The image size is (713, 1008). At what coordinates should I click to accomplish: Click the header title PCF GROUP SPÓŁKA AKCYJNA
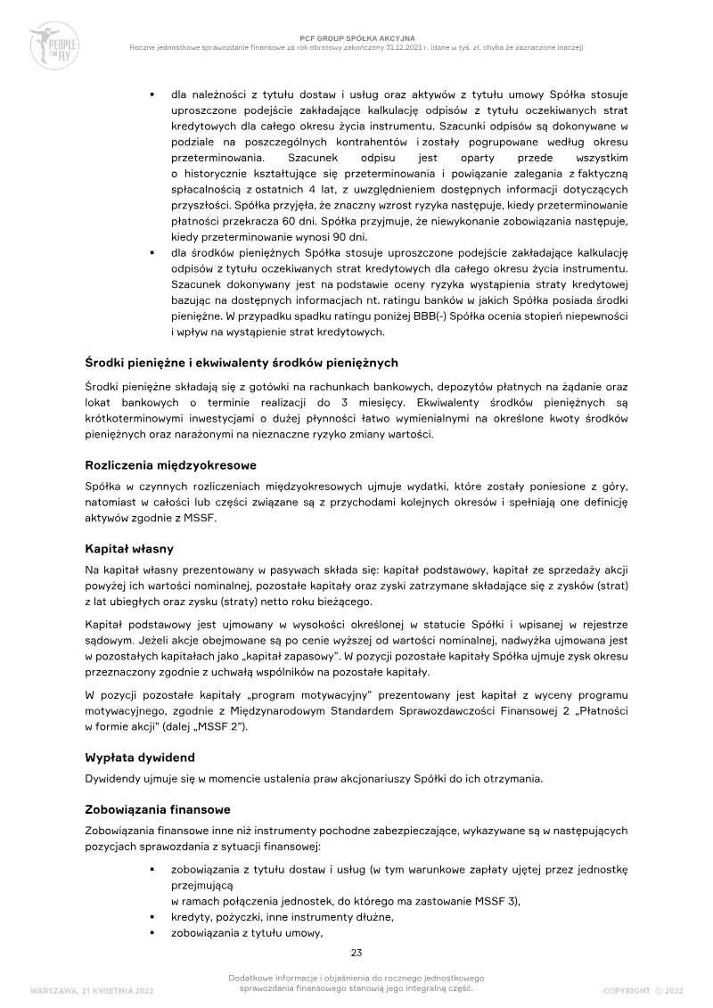tap(356, 38)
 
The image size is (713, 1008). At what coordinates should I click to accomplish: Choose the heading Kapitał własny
tap(128, 549)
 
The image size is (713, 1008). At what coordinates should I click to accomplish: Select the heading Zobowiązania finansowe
tap(157, 809)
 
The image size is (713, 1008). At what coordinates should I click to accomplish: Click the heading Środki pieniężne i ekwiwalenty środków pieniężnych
tap(241, 363)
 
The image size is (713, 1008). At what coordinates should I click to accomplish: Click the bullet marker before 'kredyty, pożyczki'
tap(153, 917)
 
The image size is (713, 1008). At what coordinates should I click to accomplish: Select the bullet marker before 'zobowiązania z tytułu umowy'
tap(153, 933)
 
